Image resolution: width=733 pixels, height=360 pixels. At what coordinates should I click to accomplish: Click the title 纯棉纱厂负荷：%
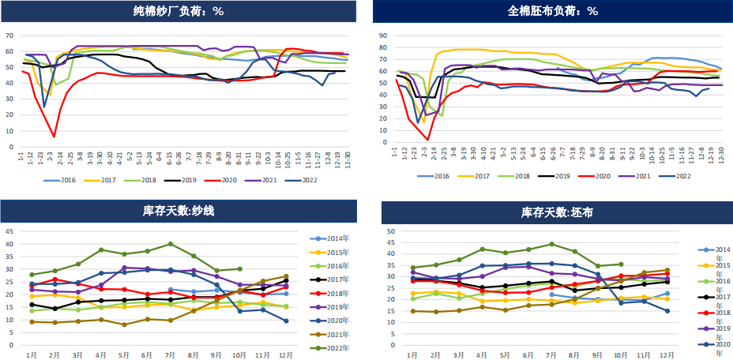coord(179,11)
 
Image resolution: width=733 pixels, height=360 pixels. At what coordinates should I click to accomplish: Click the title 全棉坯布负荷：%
coord(552,11)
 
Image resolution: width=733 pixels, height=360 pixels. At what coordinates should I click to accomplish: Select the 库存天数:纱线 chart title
coord(179,212)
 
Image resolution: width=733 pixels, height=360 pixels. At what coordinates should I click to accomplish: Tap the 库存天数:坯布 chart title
coord(557,212)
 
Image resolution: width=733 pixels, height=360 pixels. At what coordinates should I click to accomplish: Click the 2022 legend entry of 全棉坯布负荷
coord(678,175)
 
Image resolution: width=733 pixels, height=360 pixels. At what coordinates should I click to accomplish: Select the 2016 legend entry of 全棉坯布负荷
coord(451,175)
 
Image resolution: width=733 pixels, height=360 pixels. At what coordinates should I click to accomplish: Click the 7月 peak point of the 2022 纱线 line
coord(171,244)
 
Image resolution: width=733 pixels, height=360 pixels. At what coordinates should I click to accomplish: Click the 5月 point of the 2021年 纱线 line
coord(124,324)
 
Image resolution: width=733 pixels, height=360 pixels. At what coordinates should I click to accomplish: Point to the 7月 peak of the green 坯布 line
coord(551,244)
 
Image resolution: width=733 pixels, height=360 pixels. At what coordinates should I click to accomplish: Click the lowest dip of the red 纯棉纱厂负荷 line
coord(54,137)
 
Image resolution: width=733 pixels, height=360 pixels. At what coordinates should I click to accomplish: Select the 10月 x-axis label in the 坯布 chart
coord(621,354)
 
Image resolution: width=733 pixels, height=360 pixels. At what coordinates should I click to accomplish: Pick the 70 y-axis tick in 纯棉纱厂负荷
coord(9,36)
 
